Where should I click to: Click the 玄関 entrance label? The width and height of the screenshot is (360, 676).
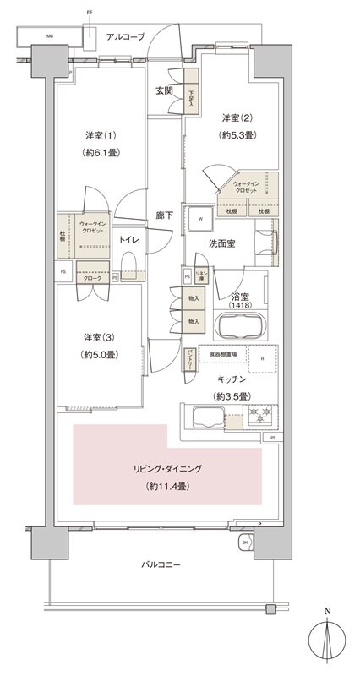163,90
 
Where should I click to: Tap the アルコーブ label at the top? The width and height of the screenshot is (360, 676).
125,37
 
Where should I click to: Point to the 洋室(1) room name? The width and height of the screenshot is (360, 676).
101,136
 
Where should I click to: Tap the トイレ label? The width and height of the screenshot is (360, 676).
128,239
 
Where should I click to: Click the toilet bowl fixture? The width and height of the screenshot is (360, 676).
128,272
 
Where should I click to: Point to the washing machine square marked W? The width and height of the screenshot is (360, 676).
200,218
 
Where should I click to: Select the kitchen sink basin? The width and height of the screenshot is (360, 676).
207,417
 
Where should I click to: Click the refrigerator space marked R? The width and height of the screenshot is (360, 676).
263,359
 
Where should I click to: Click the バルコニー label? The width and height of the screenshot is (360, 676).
161,564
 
